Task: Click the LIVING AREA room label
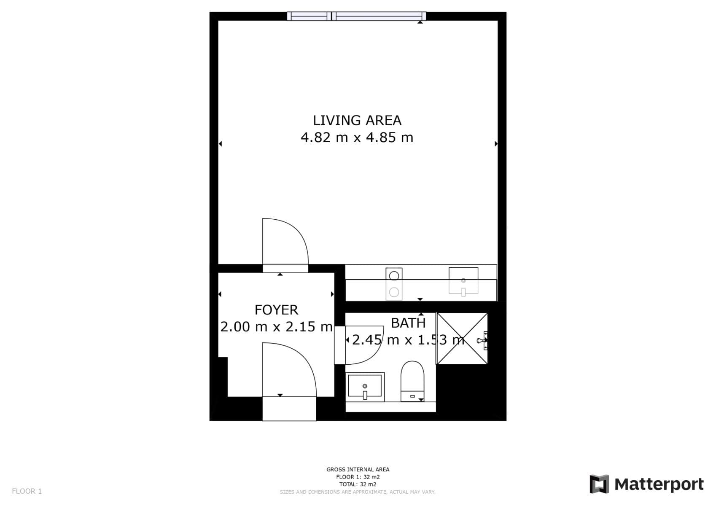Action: [357, 121]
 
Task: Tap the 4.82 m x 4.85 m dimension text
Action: [357, 137]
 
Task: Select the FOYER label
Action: [277, 310]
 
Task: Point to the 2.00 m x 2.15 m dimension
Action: [277, 327]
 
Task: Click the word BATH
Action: [408, 323]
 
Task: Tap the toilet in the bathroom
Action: [412, 381]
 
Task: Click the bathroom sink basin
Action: [365, 387]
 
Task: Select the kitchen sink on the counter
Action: [463, 281]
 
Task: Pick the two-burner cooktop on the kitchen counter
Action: [394, 284]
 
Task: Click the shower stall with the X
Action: [462, 339]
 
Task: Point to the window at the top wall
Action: [356, 16]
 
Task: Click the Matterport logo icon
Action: [599, 484]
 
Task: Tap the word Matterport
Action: [659, 484]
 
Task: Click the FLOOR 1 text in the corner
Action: [27, 491]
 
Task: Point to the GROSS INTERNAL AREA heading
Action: [358, 469]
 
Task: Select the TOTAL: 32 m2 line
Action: [358, 484]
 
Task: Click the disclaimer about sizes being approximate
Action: [358, 492]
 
